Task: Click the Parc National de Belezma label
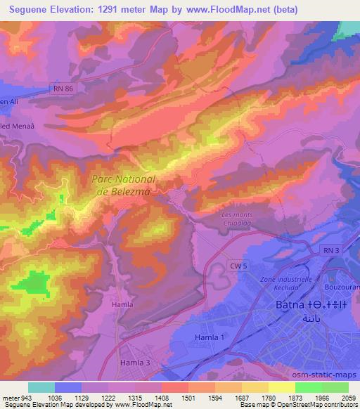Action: pyautogui.click(x=124, y=185)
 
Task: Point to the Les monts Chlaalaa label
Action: pyautogui.click(x=236, y=219)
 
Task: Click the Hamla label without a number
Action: pyautogui.click(x=122, y=304)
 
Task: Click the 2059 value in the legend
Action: pyautogui.click(x=348, y=397)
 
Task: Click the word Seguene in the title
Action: pyautogui.click(x=33, y=10)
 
